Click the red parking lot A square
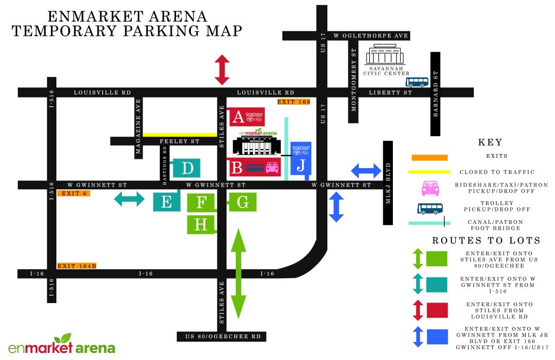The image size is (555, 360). [x=237, y=116]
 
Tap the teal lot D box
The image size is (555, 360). [x=187, y=168]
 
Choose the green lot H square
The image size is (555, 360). [x=201, y=224]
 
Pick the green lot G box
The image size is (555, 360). [x=242, y=203]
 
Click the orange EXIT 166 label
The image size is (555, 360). [x=293, y=102]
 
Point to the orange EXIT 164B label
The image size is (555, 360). [x=77, y=266]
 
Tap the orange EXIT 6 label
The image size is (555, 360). [x=73, y=194]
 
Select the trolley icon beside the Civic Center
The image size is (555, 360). [x=417, y=82]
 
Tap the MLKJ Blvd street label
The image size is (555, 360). [x=388, y=183]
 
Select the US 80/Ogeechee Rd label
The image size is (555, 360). [x=222, y=337]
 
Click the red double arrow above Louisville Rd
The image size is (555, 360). [x=222, y=70]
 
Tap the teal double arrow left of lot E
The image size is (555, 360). [x=129, y=200]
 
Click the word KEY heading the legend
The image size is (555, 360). [x=490, y=143]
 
